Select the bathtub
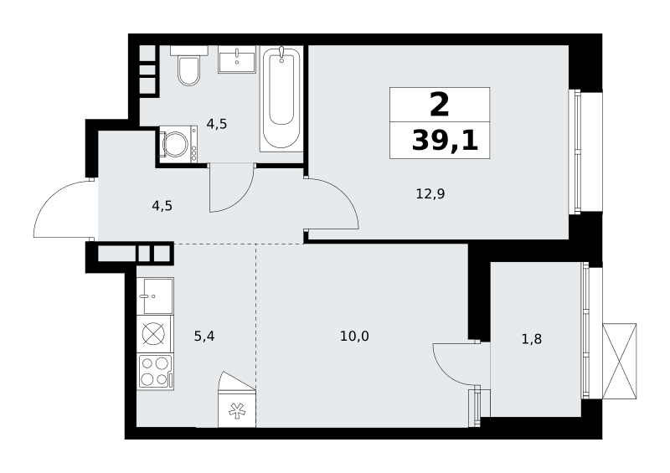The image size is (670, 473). click(x=281, y=99)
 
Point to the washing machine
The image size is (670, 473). click(x=178, y=144)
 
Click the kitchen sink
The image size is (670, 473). click(x=156, y=296)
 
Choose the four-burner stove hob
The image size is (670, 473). click(x=155, y=372)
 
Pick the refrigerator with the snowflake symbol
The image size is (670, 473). click(x=237, y=399)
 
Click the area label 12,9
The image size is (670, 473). click(x=430, y=194)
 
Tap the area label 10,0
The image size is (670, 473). click(x=354, y=337)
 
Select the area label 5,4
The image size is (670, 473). click(x=204, y=337)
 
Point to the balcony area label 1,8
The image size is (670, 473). click(x=532, y=339)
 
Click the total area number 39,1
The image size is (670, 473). click(x=445, y=141)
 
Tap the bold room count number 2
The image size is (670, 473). click(x=440, y=105)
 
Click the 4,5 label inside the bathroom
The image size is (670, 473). click(x=217, y=125)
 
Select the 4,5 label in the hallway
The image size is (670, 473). click(x=162, y=207)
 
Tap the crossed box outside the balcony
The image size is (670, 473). click(x=619, y=362)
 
